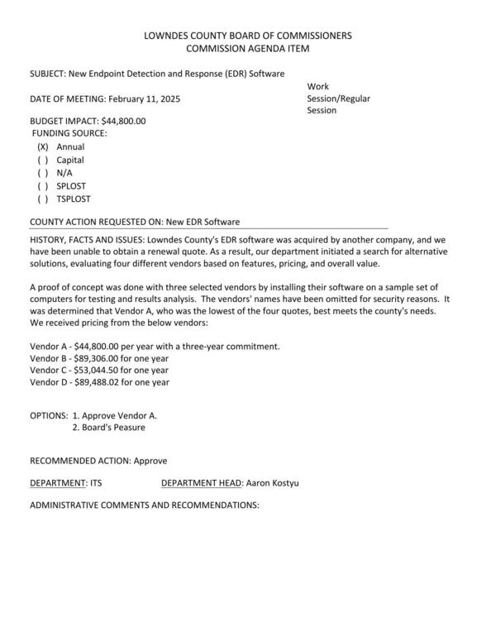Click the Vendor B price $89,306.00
[x=103, y=358]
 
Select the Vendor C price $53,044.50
[x=103, y=370]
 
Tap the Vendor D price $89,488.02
[x=103, y=382]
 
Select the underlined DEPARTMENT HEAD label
[x=202, y=481]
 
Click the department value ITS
[x=96, y=481]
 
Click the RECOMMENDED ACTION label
[x=79, y=459]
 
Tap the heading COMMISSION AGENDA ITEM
[x=248, y=50]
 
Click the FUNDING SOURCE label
[x=69, y=133]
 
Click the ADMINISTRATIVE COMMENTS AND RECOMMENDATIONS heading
[x=145, y=504]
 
